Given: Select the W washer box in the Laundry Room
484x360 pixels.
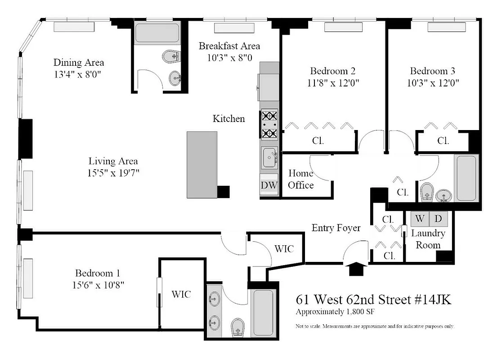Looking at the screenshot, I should [x=419, y=219].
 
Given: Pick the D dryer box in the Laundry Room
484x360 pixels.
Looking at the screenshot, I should [x=438, y=219].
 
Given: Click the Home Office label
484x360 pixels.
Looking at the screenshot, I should [x=301, y=179].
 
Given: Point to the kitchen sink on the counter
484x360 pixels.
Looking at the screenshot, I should [x=270, y=157].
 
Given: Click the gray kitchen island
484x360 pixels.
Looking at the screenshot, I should [x=202, y=164].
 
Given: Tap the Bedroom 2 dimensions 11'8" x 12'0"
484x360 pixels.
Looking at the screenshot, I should [x=332, y=83].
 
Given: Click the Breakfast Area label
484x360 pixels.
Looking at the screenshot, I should [x=229, y=46].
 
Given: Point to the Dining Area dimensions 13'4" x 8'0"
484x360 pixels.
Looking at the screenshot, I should [x=79, y=74].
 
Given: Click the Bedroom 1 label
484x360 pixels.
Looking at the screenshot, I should [x=97, y=273].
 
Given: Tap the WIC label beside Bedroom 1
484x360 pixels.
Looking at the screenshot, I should [x=181, y=294].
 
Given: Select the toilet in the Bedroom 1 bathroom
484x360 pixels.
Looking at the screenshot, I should [x=237, y=327].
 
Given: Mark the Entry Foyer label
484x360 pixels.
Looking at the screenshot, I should [x=336, y=228].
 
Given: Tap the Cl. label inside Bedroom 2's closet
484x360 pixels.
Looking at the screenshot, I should [x=318, y=140].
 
